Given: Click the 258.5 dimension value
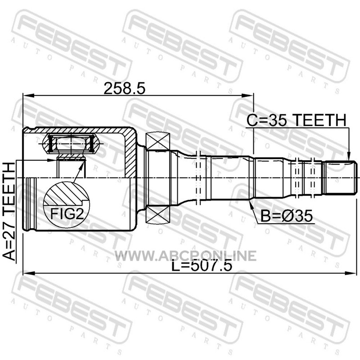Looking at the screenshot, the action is click(x=125, y=89).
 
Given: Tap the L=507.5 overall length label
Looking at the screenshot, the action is click(x=202, y=266).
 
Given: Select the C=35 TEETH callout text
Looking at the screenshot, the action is click(x=296, y=120).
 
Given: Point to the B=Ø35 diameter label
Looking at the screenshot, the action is click(x=287, y=216).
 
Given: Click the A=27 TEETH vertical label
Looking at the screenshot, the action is click(x=9, y=211).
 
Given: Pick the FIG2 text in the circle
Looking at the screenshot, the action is click(x=67, y=214).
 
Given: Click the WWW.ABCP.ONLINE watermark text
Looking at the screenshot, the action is click(x=185, y=256).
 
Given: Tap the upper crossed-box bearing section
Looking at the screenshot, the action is click(x=158, y=141).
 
